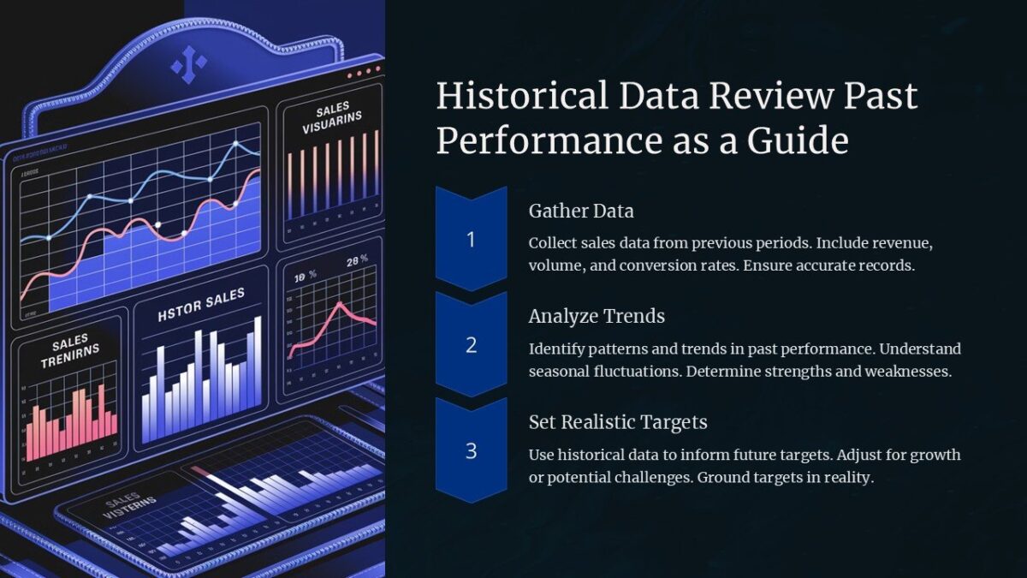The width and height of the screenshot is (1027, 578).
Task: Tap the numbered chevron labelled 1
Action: pos(471,240)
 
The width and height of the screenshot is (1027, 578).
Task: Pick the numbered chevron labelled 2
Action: pos(471,345)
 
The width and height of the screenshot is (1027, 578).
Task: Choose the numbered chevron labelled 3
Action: pos(471,450)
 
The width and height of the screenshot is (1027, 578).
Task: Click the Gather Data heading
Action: pos(581,211)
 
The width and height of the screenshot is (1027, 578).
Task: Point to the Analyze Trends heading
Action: pos(597,316)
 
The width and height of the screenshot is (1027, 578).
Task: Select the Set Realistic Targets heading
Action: pos(618,422)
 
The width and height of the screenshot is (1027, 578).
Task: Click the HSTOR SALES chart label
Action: pos(201,305)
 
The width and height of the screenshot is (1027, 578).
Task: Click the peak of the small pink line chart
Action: pos(340,304)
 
